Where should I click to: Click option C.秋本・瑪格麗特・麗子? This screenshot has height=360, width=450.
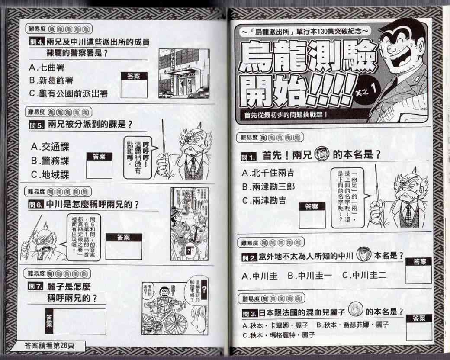coord(279,335)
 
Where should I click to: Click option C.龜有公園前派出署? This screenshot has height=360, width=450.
coord(68,93)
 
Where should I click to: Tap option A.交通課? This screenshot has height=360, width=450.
coord(50,147)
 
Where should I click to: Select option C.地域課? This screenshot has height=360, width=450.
coord(50,174)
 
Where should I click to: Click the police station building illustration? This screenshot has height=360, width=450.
coord(183,74)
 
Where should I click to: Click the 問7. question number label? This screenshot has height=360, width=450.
coord(35,286)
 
